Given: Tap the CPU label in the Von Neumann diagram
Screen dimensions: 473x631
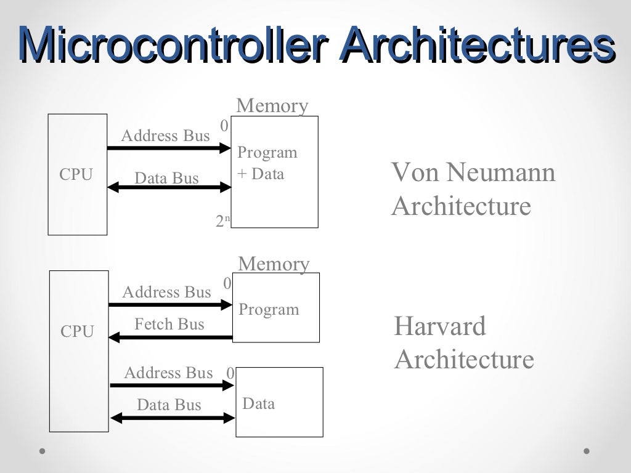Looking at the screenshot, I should click(x=76, y=175).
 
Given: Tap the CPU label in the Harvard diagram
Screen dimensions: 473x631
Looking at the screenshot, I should click(x=77, y=332).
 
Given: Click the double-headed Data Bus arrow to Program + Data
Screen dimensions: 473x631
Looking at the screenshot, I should click(x=168, y=187).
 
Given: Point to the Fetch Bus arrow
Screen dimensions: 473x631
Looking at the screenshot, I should click(x=170, y=337).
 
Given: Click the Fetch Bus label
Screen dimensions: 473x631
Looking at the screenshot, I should click(x=169, y=324).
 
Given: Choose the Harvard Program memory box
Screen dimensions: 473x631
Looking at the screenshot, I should click(x=275, y=323).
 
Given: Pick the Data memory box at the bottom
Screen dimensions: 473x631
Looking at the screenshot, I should click(x=279, y=419).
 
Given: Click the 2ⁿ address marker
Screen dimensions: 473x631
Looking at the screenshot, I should click(x=222, y=221).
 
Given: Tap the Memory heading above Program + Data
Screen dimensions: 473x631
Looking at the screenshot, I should click(x=272, y=106).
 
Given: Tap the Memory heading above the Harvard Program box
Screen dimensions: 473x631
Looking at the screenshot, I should click(x=274, y=264).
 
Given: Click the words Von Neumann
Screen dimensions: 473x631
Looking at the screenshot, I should click(x=473, y=172).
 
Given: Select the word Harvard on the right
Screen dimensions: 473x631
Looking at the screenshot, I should click(x=439, y=326).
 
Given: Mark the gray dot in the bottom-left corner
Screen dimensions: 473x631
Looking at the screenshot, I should click(x=43, y=451).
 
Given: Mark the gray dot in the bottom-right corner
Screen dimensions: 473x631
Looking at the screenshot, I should click(x=587, y=451).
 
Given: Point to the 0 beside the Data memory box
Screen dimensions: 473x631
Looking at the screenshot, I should click(x=230, y=374).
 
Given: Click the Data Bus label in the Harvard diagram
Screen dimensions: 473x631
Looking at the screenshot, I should click(x=169, y=405).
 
